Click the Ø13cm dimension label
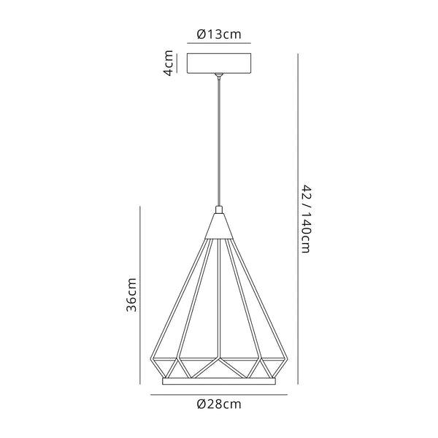tap(219, 34)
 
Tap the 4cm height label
tap(169, 63)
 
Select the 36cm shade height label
tap(131, 295)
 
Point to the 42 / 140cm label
tap(307, 219)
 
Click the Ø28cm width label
tap(219, 404)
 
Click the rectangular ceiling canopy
tap(219, 64)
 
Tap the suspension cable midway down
tap(219, 143)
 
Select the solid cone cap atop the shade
tap(219, 226)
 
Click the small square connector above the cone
tap(219, 210)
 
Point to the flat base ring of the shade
tap(219, 381)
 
